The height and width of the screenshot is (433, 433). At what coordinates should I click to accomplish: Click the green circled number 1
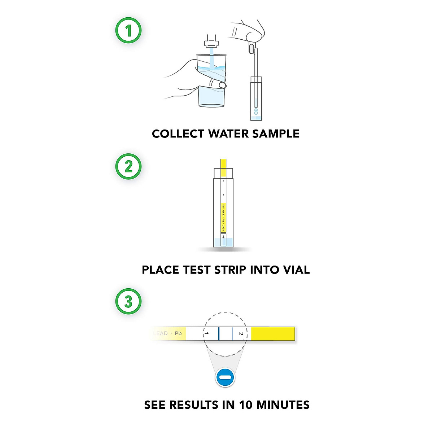pos(128,31)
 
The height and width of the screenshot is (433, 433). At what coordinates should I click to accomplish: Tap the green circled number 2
pos(128,167)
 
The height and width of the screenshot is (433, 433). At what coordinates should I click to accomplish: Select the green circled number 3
pos(128,301)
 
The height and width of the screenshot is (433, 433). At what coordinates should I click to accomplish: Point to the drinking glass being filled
pos(211,83)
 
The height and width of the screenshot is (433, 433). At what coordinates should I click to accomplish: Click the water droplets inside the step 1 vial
pos(256,111)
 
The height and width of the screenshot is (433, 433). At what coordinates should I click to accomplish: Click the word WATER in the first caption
pos(228,134)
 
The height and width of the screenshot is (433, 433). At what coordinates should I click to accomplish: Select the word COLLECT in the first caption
pos(178,134)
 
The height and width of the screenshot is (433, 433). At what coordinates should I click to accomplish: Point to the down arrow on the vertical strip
pos(223,237)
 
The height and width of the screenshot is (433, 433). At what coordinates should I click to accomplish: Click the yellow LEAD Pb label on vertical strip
pos(223,218)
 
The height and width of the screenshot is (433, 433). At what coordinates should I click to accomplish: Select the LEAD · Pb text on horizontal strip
pos(168,333)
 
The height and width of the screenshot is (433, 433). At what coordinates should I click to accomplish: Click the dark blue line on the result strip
pos(219,334)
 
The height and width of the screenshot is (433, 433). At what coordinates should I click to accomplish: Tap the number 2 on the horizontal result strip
pos(241,334)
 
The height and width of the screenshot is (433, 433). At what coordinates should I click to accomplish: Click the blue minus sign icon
pos(225,378)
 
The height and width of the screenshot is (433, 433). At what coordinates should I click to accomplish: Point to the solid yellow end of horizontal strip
pos(273,334)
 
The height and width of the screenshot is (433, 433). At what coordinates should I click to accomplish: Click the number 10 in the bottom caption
pos(245,405)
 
